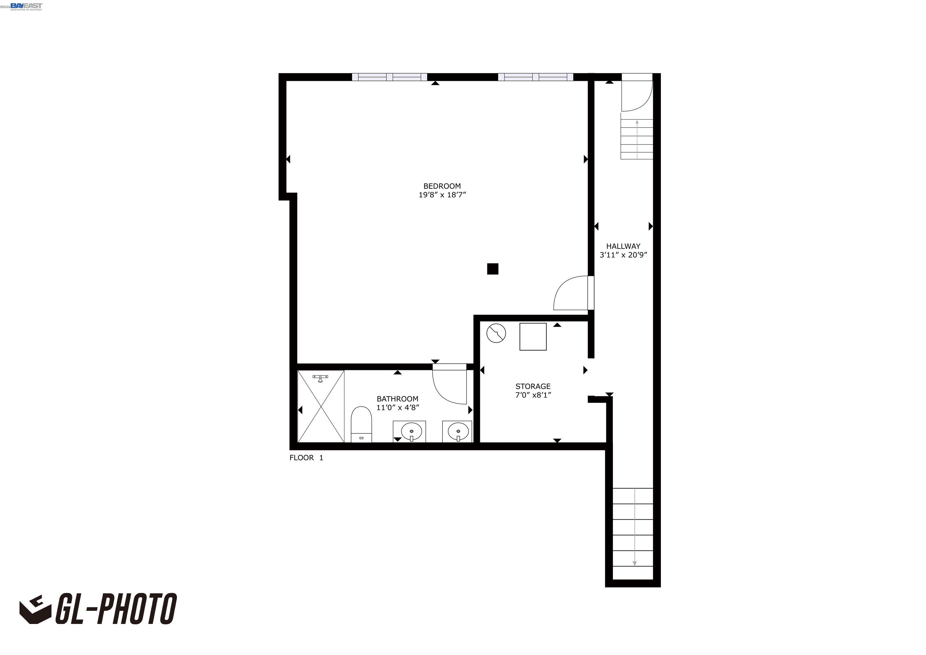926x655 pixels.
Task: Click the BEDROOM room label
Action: click(x=442, y=186)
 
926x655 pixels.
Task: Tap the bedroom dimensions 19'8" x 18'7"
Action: click(x=442, y=195)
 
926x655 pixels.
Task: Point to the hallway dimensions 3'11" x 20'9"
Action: click(x=623, y=255)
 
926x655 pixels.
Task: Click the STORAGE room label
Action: click(x=532, y=386)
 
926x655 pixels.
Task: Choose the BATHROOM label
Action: click(x=397, y=399)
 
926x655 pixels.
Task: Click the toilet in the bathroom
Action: click(x=361, y=424)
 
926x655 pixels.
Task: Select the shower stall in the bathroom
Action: click(x=321, y=406)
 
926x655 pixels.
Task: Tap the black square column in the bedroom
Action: click(x=492, y=269)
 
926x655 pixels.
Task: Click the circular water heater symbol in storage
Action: click(x=496, y=334)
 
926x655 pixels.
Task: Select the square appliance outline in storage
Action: click(x=532, y=336)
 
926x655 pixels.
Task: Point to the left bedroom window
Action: click(x=389, y=77)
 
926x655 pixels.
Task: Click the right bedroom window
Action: click(x=535, y=77)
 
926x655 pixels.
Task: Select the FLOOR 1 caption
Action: click(x=306, y=458)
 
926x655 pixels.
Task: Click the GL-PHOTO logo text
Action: click(x=115, y=609)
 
